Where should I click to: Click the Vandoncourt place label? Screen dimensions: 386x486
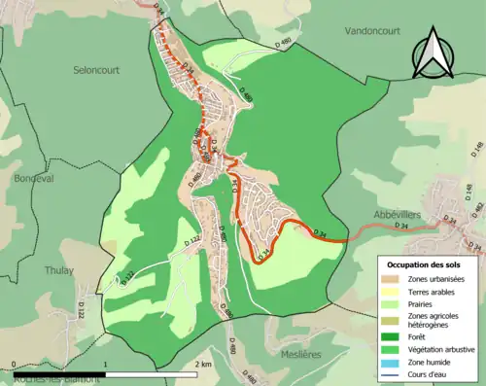pyautogui.click(x=380, y=30)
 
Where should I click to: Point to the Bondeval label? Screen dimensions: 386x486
pyautogui.click(x=34, y=179)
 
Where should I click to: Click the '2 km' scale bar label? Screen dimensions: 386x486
pyautogui.click(x=202, y=364)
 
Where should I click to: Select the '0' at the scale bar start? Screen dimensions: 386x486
pyautogui.click(x=15, y=364)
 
